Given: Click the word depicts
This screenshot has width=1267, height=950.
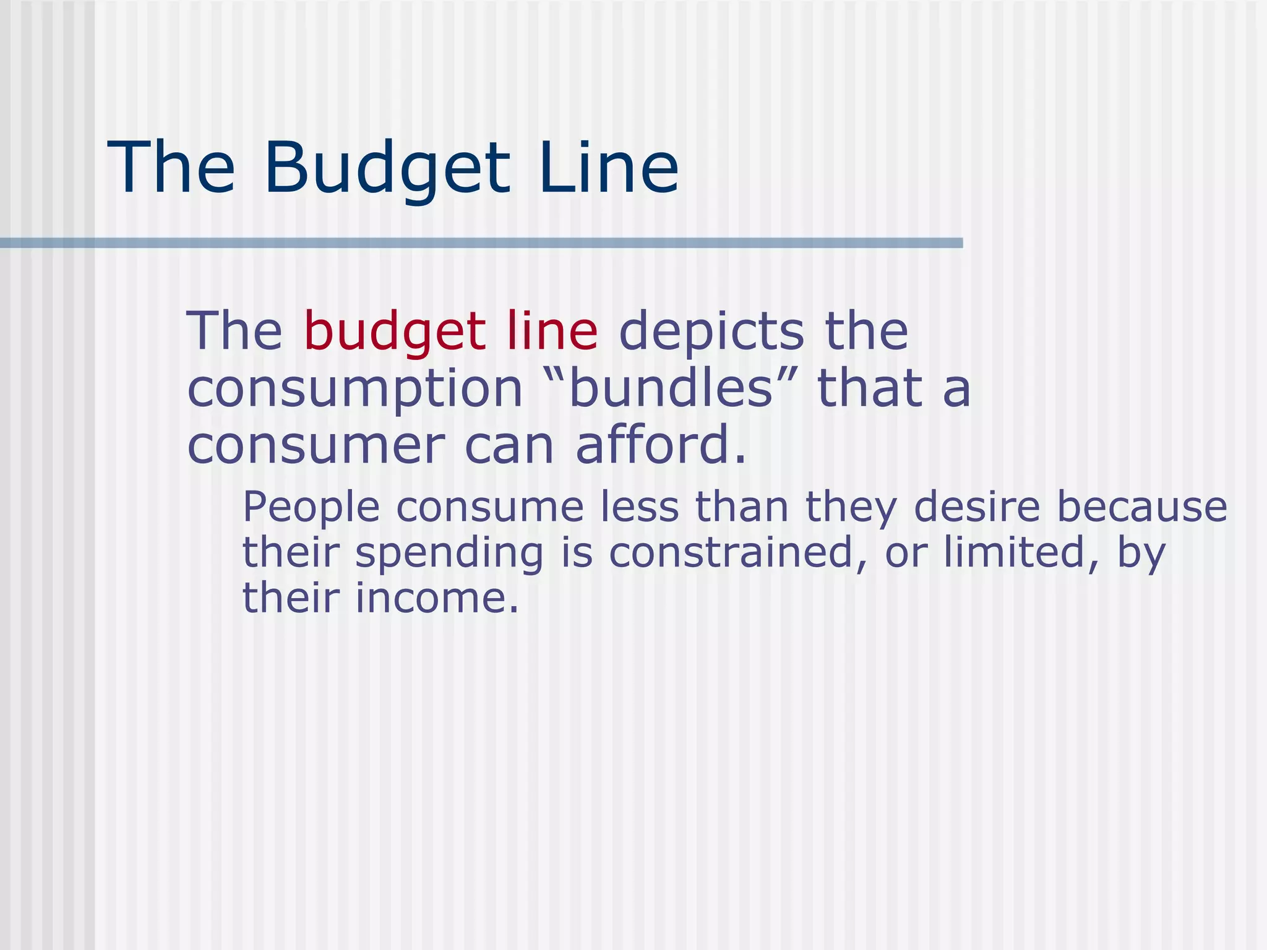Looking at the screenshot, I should [711, 332].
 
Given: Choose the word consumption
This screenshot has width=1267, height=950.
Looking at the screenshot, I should [355, 390].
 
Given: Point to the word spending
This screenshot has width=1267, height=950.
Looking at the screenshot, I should [449, 554].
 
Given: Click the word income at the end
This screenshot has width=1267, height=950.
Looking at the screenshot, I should [437, 598].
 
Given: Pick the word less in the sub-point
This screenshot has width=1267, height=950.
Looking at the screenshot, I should [640, 507].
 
